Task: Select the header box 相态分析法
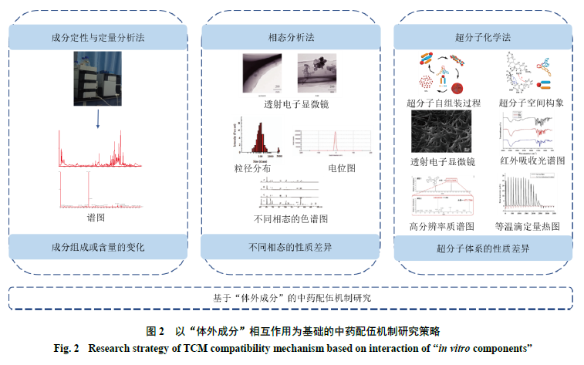tap(291, 37)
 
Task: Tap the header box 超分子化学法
tap(483, 37)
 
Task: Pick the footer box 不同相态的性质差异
tap(291, 247)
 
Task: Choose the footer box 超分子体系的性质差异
tap(483, 249)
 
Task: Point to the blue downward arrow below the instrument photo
tap(98, 116)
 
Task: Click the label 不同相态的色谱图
tap(291, 218)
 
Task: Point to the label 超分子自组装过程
tap(443, 102)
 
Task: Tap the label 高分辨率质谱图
tap(443, 226)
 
